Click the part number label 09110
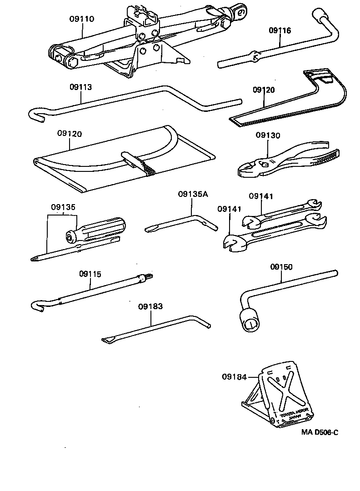82,19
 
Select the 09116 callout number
280,30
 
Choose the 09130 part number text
268,135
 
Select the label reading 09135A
193,194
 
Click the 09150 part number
281,267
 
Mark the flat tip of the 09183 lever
108,340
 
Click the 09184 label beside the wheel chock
234,376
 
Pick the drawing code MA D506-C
319,432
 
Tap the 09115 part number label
90,274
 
